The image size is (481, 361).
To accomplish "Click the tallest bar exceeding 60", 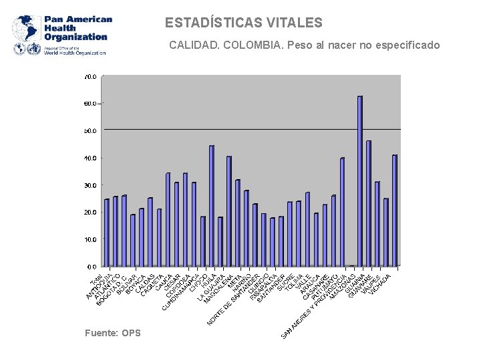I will (359, 180).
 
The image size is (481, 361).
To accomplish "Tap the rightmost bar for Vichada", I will (394, 210).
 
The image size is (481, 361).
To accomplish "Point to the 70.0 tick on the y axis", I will (90, 77).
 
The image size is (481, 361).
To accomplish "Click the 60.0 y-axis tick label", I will (90, 104).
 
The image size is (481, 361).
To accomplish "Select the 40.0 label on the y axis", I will (90, 158).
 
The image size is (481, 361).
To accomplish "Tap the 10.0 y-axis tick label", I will (90, 239).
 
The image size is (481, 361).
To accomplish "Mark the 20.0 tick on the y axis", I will (90, 212).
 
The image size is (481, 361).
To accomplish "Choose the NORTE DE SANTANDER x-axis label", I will (228, 301).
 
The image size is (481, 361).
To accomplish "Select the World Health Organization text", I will (75, 52).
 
